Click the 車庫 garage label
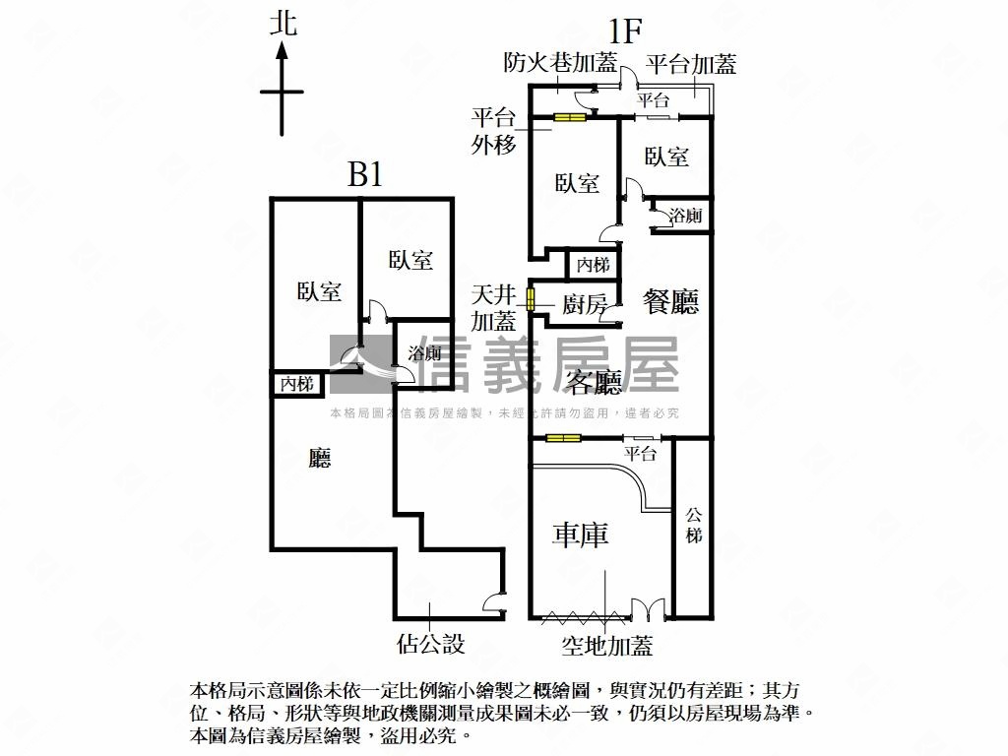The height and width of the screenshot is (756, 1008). pos(580,535)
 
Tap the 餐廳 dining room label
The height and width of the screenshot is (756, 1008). pos(670,301)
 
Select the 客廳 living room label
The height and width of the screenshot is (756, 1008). pos(595,383)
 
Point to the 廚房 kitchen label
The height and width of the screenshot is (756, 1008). pos(585,304)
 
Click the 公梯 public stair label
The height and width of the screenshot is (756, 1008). pos(693,526)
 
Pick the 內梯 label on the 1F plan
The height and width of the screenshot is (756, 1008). pos(593,264)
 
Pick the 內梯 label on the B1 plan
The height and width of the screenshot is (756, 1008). pos(297,384)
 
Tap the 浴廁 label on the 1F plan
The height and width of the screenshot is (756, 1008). pos(685,216)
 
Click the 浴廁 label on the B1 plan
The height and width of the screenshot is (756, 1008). pos(424,353)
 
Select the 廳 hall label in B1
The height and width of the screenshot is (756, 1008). pos(319,459)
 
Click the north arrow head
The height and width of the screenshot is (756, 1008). pos(282,51)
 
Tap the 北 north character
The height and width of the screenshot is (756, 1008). pos(283,24)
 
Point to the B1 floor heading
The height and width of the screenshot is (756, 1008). pos(365,173)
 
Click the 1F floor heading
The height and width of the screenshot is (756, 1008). pos(625,31)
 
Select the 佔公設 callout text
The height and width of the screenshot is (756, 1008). pos(431,643)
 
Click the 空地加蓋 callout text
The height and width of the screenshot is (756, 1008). pos(607,645)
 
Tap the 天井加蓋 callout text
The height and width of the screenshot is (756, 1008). pos(494,308)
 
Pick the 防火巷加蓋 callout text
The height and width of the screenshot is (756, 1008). pos(560,62)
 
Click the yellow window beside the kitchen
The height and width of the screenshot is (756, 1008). pos(531,299)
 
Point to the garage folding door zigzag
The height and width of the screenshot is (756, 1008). pos(583,618)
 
